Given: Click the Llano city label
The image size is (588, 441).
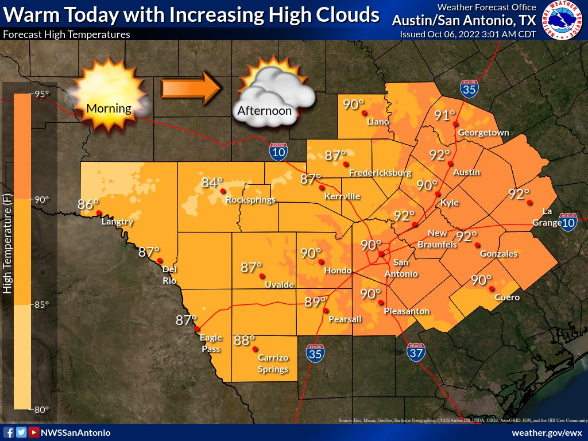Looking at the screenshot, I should tap(378, 122).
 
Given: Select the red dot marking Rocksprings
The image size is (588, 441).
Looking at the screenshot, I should tap(223, 191).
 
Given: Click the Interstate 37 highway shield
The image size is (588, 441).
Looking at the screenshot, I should tap(416, 353).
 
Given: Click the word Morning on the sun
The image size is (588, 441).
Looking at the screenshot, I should tap(109, 108).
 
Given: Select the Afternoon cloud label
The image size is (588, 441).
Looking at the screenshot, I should tap(265, 111).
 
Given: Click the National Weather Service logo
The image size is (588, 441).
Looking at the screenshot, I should tap(563, 21).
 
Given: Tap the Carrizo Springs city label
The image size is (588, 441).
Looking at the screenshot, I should tap(273, 363).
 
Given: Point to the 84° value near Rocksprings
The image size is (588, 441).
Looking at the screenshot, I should tap(212, 183).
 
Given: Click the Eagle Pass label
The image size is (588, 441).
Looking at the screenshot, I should tap(211, 343).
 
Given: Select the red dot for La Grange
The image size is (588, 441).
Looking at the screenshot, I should tap(529, 202).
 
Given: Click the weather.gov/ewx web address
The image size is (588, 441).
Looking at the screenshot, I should tap(547, 432).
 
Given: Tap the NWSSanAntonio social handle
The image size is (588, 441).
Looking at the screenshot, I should tap(75, 432).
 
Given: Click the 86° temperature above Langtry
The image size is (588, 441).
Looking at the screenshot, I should tap(88, 204).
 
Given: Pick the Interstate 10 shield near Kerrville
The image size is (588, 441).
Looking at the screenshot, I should tap(278, 152).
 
